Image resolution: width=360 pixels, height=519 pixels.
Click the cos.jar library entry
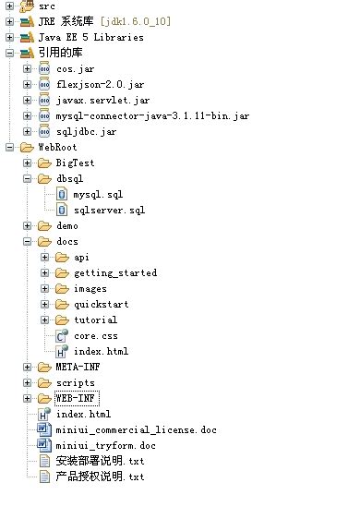click(75, 69)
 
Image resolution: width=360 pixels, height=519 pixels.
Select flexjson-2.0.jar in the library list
click(95, 85)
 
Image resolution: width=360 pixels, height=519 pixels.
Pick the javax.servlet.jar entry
click(96, 101)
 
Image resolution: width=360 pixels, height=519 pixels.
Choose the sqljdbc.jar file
click(86, 132)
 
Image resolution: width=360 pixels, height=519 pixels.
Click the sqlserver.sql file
click(109, 211)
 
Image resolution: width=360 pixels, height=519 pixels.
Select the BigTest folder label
click(75, 163)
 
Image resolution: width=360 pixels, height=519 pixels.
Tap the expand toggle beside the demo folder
click(28, 226)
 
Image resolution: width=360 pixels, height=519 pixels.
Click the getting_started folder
click(114, 273)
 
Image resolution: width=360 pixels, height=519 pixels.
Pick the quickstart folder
click(102, 305)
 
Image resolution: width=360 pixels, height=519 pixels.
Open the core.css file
click(95, 336)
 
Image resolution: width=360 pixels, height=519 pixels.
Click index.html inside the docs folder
click(101, 352)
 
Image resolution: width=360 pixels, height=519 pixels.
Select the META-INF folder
click(77, 368)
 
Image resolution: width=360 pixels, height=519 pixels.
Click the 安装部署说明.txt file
click(100, 462)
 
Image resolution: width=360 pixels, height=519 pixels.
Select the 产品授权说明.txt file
click(100, 477)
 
